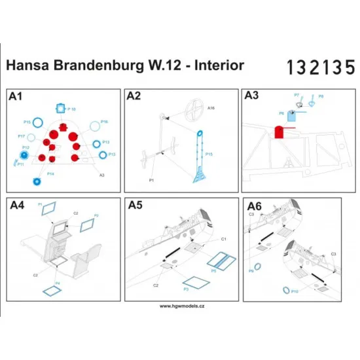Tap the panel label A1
[16, 98]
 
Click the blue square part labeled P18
[62, 108]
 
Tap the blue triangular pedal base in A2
[202, 175]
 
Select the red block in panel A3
[278, 133]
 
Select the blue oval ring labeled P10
[286, 290]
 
